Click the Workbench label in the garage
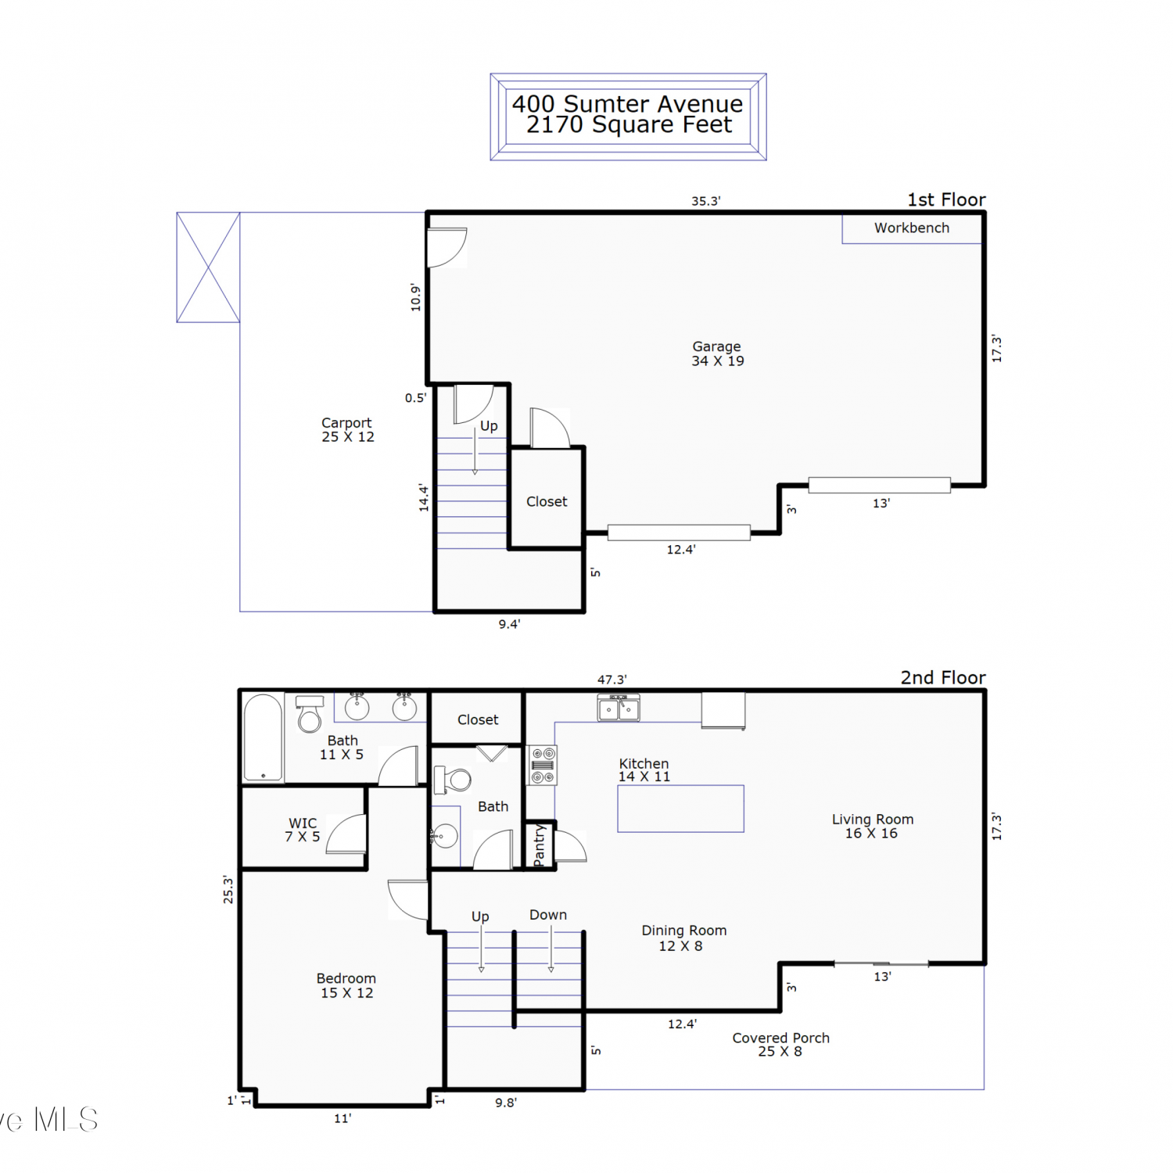click(912, 228)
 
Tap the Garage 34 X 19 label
click(717, 353)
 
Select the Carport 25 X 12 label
click(347, 429)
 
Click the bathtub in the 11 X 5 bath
click(263, 737)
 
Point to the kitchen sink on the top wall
click(619, 708)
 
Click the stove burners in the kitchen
click(543, 765)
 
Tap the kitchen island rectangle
click(680, 809)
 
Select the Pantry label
click(539, 845)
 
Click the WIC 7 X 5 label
click(303, 830)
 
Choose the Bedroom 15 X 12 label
click(346, 985)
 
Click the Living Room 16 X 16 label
click(872, 826)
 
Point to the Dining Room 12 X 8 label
click(683, 938)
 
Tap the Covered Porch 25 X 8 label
click(780, 1044)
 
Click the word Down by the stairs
click(548, 914)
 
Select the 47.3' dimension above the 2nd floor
click(612, 680)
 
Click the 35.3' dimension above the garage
click(705, 201)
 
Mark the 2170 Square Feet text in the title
click(629, 125)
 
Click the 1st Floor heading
click(946, 199)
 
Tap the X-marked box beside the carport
click(208, 267)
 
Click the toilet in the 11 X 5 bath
click(310, 713)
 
